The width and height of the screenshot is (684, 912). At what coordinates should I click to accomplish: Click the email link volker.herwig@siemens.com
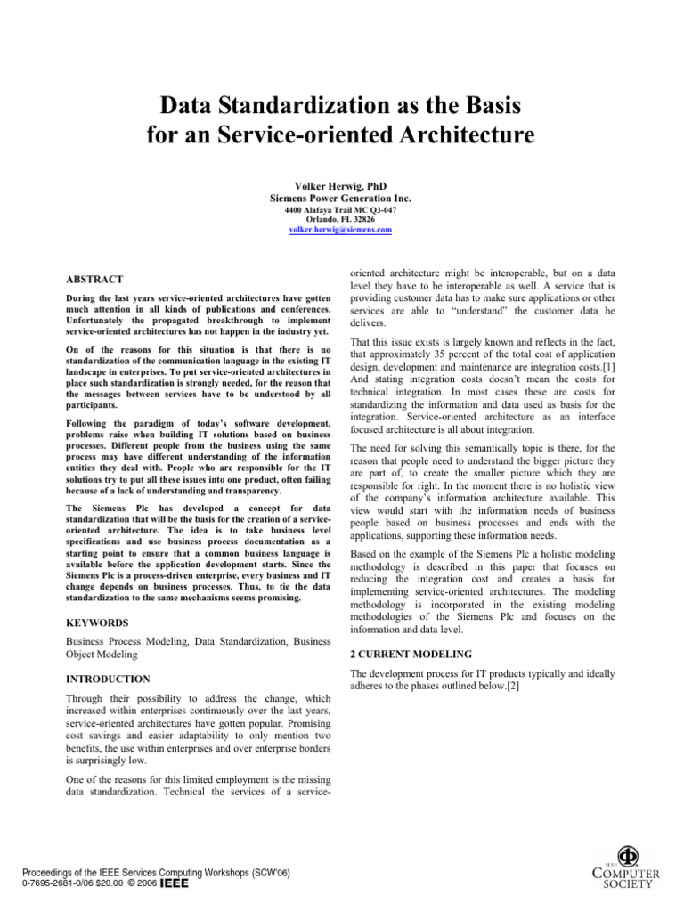341,230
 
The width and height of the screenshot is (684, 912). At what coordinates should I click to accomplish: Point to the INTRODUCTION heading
109,679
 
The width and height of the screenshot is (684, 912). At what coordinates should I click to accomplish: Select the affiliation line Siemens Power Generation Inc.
341,199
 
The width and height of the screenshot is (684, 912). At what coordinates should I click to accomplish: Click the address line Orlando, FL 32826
341,219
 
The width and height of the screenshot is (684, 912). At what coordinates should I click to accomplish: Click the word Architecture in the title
458,135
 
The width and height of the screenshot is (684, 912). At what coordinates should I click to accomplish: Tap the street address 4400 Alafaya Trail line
341,209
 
